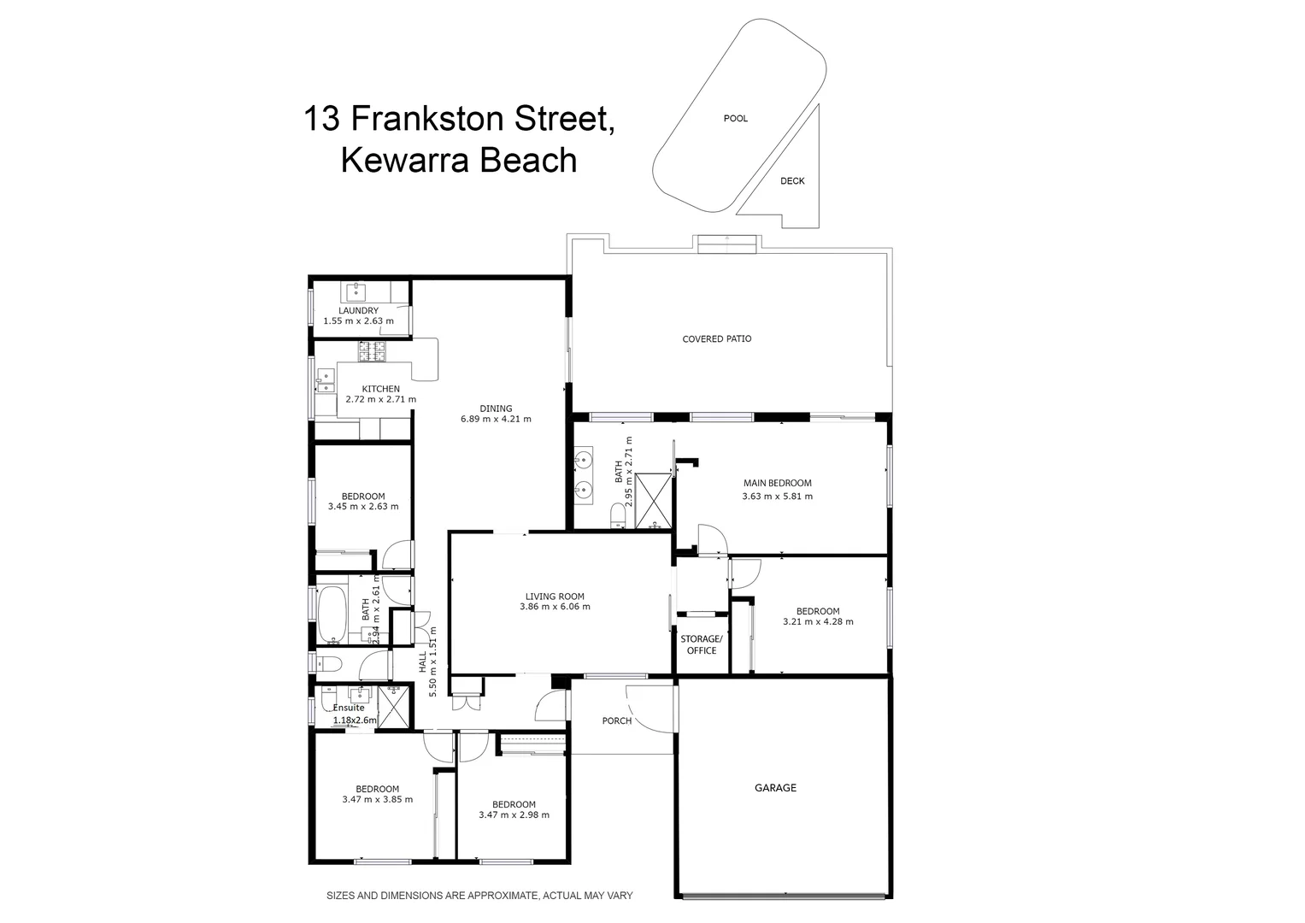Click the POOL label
(735, 119)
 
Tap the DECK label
(792, 181)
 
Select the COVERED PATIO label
(716, 339)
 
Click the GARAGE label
(775, 788)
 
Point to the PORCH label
(616, 721)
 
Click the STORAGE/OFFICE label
(701, 645)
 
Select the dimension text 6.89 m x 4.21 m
(496, 420)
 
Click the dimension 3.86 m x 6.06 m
(555, 608)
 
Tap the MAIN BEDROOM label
(777, 484)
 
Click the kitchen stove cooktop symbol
(372, 350)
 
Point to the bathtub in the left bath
(331, 613)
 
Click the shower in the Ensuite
(394, 706)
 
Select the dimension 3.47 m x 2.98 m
(514, 815)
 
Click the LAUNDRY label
(358, 311)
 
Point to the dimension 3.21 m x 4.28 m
(818, 622)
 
